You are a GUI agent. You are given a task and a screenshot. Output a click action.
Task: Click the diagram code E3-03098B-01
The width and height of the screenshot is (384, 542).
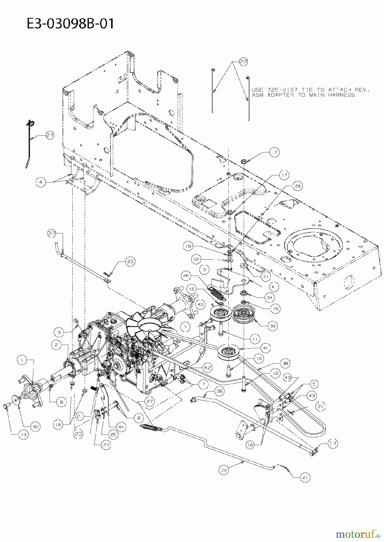(71, 23)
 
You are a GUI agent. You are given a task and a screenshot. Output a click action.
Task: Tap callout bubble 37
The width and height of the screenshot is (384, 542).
(52, 233)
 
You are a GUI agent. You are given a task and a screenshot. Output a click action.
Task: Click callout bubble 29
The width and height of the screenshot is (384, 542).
(298, 186)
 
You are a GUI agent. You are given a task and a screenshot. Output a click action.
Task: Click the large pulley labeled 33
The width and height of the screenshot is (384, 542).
(243, 315)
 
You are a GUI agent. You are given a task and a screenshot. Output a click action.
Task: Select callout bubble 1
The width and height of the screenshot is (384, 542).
(22, 359)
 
